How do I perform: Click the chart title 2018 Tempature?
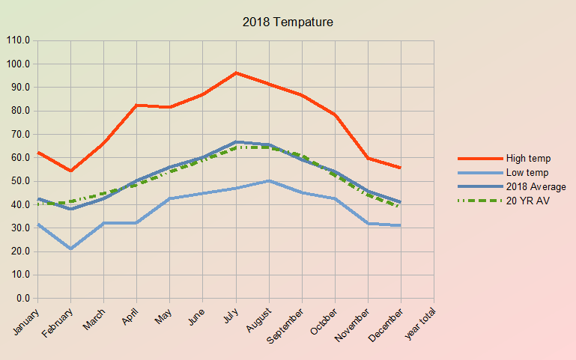click(288, 22)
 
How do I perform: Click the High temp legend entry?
click(528, 158)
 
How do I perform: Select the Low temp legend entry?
click(527, 172)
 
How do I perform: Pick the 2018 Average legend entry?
click(536, 186)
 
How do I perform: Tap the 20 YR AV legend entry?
click(527, 201)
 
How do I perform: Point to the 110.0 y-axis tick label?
click(18, 40)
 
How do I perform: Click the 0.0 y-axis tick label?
click(22, 299)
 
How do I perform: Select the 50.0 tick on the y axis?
click(20, 181)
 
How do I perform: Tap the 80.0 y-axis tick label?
click(20, 111)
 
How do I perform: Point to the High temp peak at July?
click(236, 73)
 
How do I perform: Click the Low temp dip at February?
click(70, 248)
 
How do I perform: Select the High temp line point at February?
click(70, 171)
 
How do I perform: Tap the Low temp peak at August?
click(269, 180)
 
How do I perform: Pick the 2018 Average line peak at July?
click(236, 141)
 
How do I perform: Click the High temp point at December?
click(401, 168)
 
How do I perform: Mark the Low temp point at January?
click(37, 224)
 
